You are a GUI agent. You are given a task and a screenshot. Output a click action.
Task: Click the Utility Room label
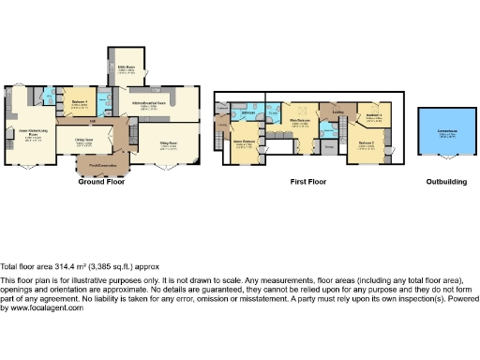coord(126,67)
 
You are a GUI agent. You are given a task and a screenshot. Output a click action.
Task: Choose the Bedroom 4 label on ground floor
coord(79,102)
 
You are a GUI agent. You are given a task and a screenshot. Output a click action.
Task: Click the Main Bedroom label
coord(300,120)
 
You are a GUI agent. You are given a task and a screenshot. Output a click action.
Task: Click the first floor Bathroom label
coord(249,113)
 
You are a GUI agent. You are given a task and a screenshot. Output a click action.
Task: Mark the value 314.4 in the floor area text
coord(54,267)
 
